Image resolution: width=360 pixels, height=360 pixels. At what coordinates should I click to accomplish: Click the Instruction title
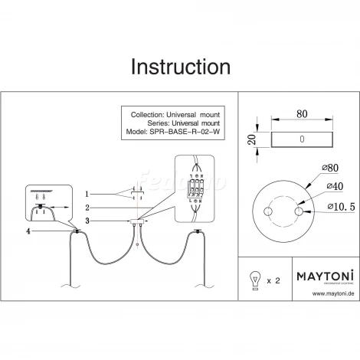click(180, 67)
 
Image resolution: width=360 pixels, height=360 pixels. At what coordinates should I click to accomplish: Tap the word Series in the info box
click(141, 122)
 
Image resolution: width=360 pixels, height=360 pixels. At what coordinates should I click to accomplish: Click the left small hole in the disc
click(268, 211)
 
